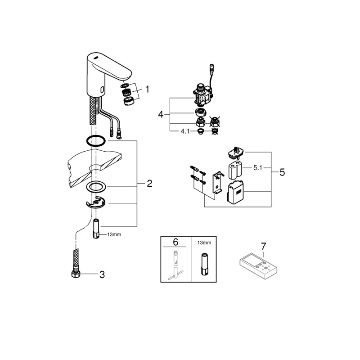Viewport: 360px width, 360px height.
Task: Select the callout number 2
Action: [149, 184]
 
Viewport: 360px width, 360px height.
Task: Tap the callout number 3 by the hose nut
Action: [102, 274]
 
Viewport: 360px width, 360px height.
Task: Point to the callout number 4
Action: [161, 114]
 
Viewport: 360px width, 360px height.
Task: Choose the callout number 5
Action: [282, 172]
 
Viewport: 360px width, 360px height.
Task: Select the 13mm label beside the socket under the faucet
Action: [114, 234]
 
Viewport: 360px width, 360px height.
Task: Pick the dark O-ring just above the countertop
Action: [96, 141]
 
